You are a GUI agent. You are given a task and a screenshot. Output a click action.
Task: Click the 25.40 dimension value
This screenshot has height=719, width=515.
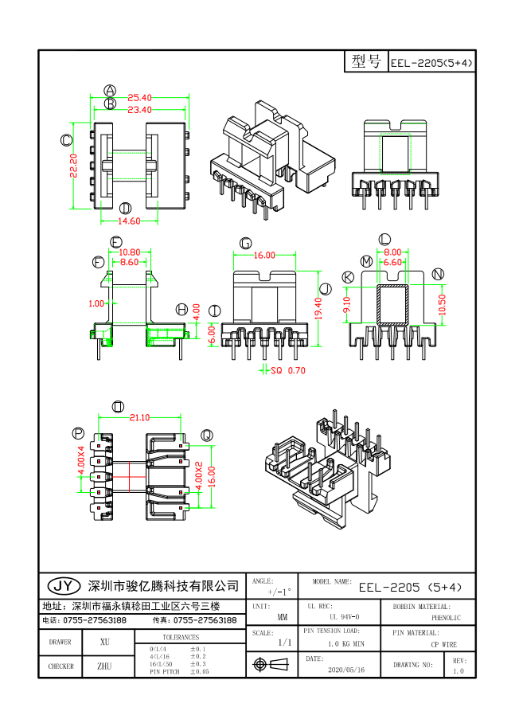coord(140,98)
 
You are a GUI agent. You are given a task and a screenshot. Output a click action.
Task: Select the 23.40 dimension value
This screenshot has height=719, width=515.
coord(140,110)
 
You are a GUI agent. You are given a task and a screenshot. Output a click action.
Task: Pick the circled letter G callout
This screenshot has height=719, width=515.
coord(245,243)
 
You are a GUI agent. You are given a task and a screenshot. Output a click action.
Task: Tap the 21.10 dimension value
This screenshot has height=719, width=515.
coord(139,416)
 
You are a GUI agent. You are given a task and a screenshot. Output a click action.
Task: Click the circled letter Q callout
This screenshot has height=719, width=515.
coord(206,435)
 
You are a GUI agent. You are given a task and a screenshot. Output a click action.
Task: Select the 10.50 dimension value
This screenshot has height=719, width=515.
coord(444,304)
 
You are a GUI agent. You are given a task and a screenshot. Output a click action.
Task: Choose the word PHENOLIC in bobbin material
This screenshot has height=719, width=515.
coord(446,617)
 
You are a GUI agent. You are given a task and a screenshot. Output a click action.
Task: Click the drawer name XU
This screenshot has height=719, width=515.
coord(104,642)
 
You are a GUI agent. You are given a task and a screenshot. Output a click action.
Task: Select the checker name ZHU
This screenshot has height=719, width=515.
coord(104,666)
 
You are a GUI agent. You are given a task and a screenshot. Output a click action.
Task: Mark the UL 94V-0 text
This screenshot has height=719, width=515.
coord(344,617)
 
